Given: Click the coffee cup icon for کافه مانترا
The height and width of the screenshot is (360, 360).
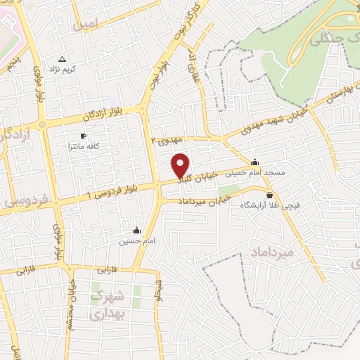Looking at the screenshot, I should [x=84, y=136].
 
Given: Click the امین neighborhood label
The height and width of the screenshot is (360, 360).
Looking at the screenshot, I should [x=84, y=24].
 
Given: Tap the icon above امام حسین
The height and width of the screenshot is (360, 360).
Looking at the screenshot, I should [x=136, y=230].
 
